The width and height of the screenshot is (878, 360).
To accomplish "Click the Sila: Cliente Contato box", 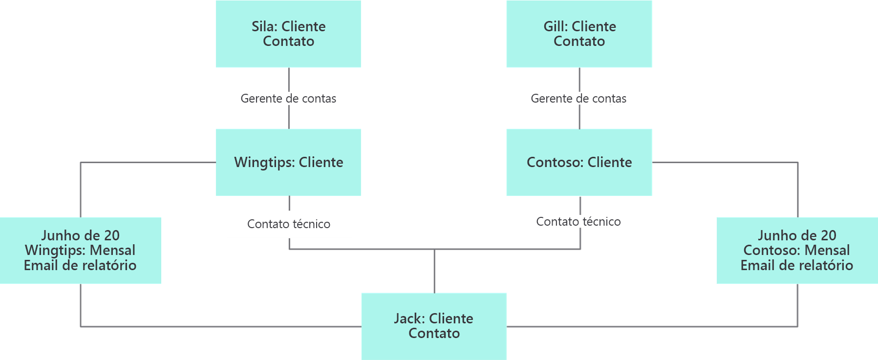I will [288, 34].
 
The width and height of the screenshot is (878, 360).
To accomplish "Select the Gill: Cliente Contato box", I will [579, 34].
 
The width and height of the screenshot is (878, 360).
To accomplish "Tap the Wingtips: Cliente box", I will [288, 162].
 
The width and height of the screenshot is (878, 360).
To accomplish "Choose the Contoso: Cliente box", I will [579, 162].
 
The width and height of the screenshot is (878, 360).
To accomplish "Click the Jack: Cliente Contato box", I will [434, 326].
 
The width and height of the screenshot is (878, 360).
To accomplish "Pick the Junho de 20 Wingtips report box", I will [80, 250].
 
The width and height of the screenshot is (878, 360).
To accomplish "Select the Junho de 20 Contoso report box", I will [796, 250].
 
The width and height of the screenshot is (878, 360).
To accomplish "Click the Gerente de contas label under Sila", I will [288, 99].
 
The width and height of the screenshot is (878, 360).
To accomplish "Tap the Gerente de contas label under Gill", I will [578, 99].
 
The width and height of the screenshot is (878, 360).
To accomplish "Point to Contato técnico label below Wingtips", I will [288, 224].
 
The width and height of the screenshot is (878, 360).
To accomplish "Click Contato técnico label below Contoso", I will [578, 222].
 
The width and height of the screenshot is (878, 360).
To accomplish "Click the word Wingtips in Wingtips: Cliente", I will [264, 162].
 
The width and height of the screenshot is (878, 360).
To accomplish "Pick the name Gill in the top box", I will [556, 26].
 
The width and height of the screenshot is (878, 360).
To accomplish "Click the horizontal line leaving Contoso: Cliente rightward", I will [723, 162].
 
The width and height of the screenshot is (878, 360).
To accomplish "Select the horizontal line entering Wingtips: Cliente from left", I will [147, 162].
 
